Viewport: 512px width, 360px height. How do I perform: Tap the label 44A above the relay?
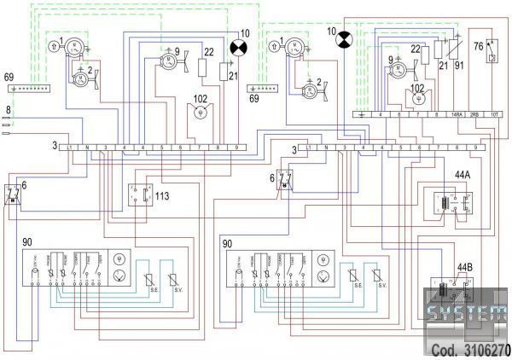coord(463,174)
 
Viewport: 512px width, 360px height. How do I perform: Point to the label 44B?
coord(464,267)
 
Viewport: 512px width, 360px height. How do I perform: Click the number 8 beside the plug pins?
coord(8,110)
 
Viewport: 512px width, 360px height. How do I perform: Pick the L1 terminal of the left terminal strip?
coord(69,148)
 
